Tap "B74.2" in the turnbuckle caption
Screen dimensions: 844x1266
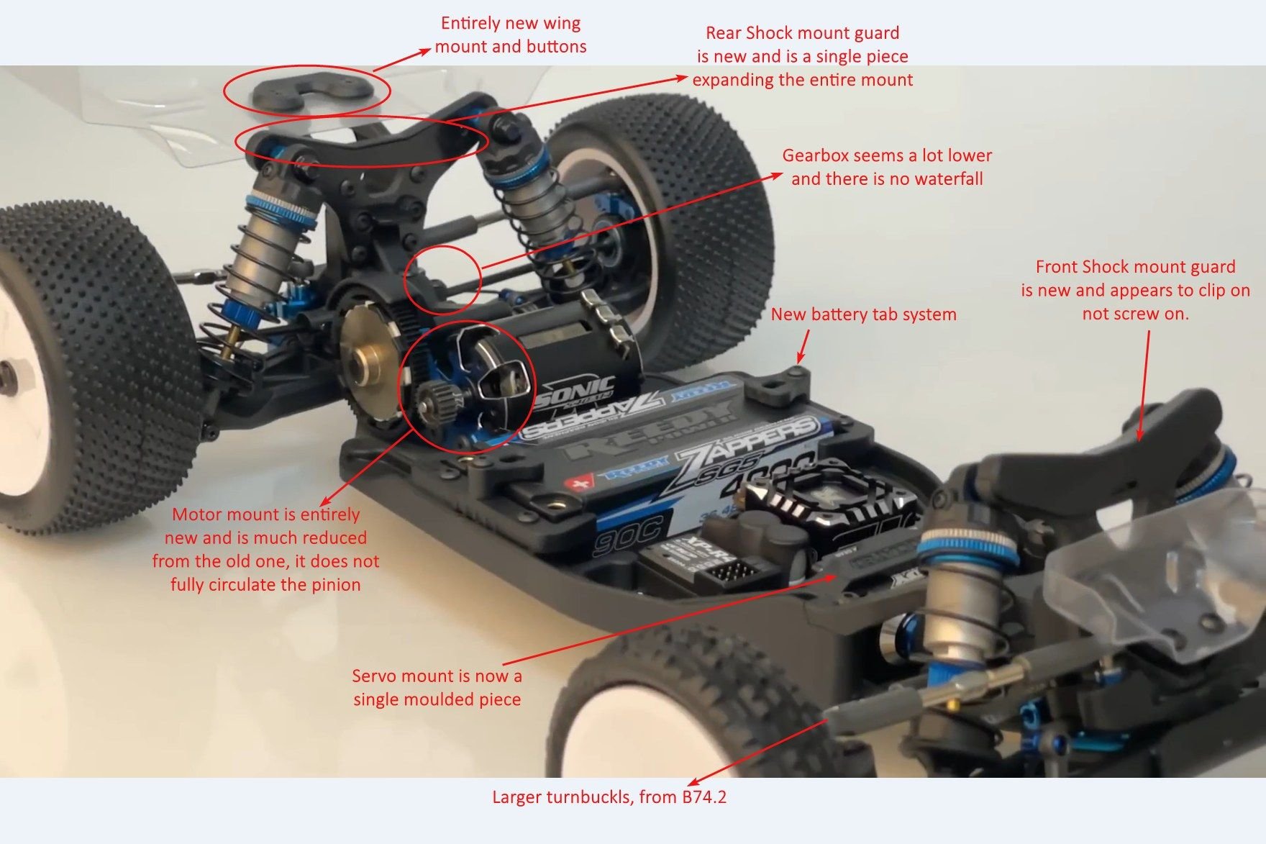pyautogui.click(x=704, y=797)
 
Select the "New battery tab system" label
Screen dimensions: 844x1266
pyautogui.click(x=863, y=314)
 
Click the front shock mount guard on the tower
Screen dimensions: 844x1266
pyautogui.click(x=1151, y=425)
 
